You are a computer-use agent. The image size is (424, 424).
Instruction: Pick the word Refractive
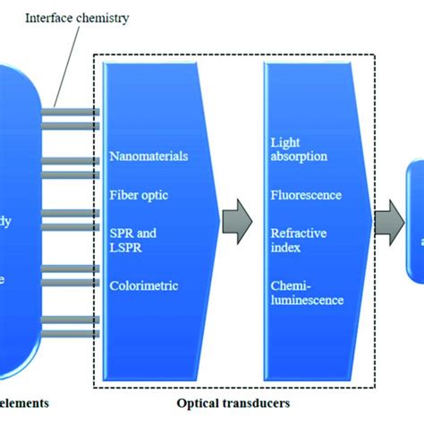point(298,233)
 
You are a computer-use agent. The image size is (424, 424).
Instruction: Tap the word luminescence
point(307,300)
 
